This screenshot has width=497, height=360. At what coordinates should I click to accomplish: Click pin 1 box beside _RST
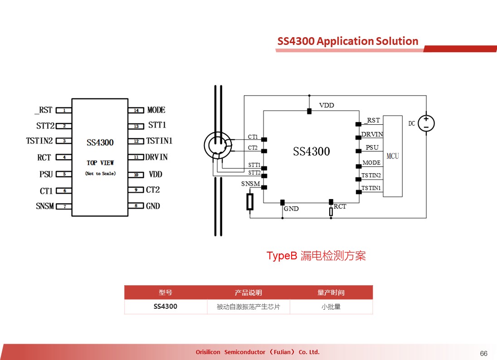[63, 110]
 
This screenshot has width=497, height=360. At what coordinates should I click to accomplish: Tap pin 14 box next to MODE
[136, 110]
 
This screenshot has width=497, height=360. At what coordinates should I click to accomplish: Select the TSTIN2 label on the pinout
[39, 141]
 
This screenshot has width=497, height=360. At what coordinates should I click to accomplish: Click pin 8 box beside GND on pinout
[136, 206]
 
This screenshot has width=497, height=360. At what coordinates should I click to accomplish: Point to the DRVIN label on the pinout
[156, 157]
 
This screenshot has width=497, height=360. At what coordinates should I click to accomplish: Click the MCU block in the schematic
[393, 156]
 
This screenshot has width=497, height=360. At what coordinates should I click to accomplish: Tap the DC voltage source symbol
[426, 123]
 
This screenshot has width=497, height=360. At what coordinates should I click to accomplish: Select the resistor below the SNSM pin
[250, 202]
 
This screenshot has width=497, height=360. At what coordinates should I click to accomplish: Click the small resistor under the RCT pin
[331, 212]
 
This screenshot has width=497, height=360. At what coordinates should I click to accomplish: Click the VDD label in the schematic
[326, 105]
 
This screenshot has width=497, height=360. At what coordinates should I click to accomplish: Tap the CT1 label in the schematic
[253, 136]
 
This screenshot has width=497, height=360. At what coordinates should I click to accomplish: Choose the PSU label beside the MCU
[372, 147]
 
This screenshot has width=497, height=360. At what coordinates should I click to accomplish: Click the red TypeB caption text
[316, 255]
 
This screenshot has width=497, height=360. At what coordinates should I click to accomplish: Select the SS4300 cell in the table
[166, 306]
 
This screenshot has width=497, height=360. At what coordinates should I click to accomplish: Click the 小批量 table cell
[331, 306]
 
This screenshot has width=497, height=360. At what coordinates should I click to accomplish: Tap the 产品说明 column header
[248, 292]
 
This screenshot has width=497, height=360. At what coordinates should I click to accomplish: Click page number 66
[484, 353]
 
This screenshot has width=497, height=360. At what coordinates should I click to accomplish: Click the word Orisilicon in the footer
[208, 352]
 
